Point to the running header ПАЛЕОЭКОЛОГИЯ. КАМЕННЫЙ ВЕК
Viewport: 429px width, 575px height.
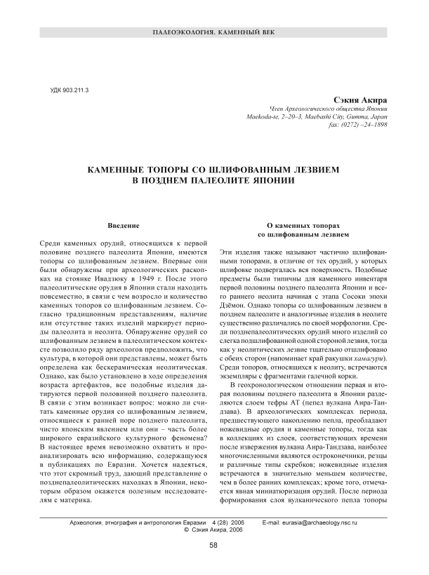pyautogui.click(x=214, y=34)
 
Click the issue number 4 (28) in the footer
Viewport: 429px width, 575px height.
pyautogui.click(x=223, y=523)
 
